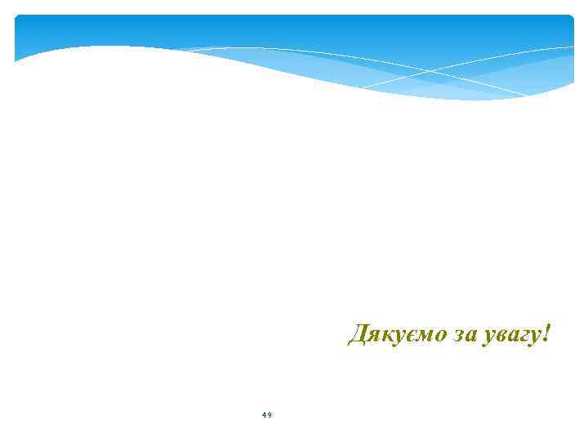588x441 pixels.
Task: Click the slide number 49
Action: (x=267, y=416)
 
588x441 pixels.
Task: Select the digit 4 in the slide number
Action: (x=265, y=416)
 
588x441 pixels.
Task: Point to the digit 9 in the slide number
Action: (x=269, y=416)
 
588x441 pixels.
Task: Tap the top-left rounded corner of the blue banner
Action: (x=19, y=19)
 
